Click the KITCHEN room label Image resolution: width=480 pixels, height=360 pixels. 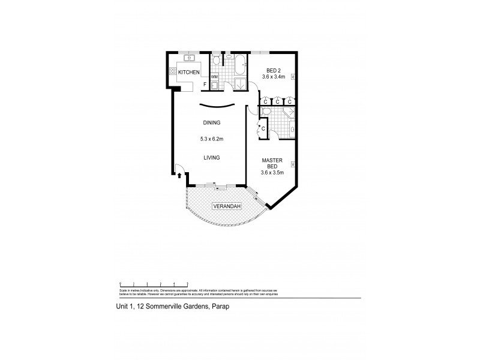[x=188, y=72]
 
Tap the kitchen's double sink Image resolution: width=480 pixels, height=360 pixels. [x=191, y=59]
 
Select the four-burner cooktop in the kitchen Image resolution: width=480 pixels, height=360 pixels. [x=173, y=71]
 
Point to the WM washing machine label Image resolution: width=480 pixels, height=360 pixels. [x=214, y=76]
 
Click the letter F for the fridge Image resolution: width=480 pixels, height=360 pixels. [x=205, y=85]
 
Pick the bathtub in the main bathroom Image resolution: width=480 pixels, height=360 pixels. [x=239, y=62]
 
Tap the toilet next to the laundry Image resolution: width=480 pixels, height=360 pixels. [x=215, y=61]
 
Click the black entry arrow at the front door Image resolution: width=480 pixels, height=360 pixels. [x=179, y=175]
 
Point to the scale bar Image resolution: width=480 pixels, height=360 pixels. [x=154, y=283]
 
